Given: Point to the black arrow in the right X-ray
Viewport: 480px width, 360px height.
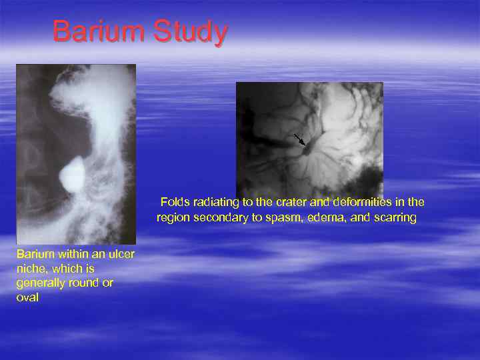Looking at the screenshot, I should (299, 139).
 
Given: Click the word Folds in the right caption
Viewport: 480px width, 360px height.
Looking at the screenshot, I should (175, 202).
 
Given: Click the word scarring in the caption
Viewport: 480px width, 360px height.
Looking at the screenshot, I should (395, 218).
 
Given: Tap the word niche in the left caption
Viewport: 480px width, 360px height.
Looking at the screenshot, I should (30, 269).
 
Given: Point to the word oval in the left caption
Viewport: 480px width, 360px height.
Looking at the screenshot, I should (27, 297).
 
